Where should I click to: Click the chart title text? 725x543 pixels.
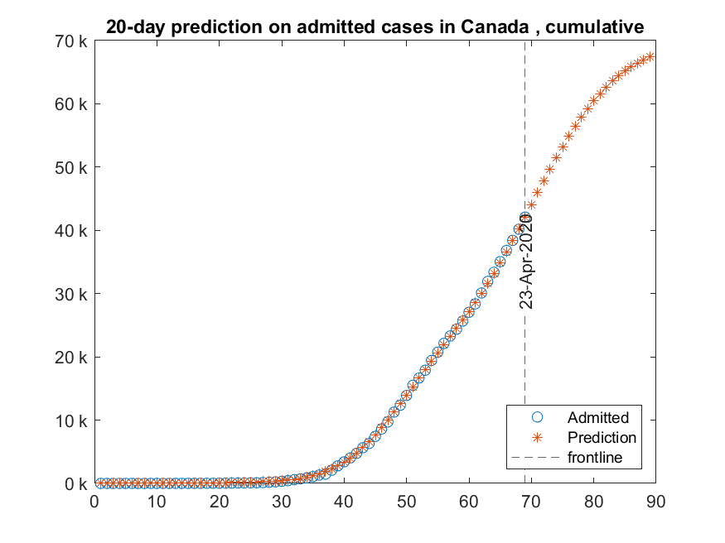pyautogui.click(x=375, y=27)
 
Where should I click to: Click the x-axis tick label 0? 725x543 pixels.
pyautogui.click(x=94, y=502)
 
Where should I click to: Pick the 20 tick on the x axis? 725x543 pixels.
pyautogui.click(x=219, y=502)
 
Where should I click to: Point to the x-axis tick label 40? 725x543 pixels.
pyautogui.click(x=344, y=502)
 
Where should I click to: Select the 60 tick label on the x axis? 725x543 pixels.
pyautogui.click(x=468, y=502)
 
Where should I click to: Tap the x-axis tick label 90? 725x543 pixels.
pyautogui.click(x=655, y=502)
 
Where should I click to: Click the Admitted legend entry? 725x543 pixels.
pyautogui.click(x=597, y=417)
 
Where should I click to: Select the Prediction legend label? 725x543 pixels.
pyautogui.click(x=602, y=437)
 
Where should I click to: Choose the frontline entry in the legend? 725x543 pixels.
pyautogui.click(x=595, y=457)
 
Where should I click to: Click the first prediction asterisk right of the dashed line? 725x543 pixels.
pyautogui.click(x=531, y=204)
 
